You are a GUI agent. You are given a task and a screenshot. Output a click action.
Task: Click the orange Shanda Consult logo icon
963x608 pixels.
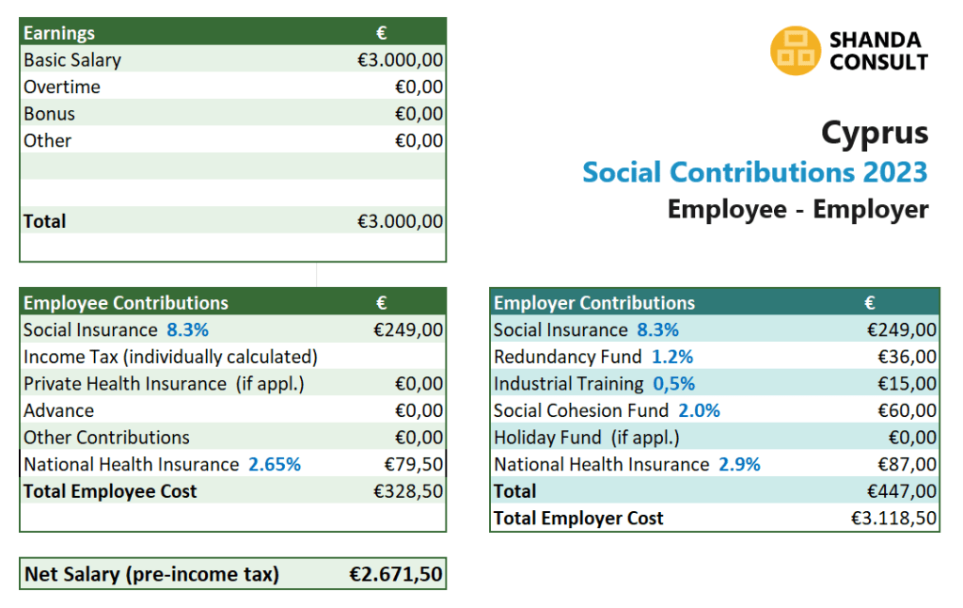click(x=795, y=51)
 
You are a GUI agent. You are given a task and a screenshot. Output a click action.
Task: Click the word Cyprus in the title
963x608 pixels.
click(x=874, y=133)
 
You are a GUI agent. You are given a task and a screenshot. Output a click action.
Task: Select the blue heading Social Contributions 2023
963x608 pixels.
click(x=754, y=172)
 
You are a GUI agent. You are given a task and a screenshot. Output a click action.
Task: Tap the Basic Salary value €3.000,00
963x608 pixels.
click(x=400, y=60)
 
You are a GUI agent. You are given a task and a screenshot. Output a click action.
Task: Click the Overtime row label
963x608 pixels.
click(x=62, y=88)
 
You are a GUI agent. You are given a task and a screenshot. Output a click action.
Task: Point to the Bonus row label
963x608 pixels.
click(x=49, y=114)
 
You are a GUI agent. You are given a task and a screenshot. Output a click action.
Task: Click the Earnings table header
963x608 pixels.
click(x=59, y=33)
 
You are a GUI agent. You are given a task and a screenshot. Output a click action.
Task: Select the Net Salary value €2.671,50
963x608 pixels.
click(x=396, y=574)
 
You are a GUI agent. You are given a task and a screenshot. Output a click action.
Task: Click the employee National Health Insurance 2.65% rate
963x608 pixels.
click(x=274, y=465)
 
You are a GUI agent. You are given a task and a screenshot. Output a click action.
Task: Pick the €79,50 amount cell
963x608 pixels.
click(x=414, y=465)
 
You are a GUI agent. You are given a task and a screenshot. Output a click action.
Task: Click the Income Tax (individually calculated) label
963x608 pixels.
click(x=170, y=357)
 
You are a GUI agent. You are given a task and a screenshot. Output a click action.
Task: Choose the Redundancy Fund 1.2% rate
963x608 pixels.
click(x=672, y=357)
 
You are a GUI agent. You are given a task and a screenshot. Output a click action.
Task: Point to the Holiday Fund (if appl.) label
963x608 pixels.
click(x=586, y=438)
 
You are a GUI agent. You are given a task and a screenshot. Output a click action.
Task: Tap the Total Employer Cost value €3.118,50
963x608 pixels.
click(x=893, y=519)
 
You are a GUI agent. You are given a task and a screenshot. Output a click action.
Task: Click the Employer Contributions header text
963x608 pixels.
click(x=594, y=303)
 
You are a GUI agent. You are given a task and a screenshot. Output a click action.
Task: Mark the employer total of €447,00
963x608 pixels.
click(x=902, y=491)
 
